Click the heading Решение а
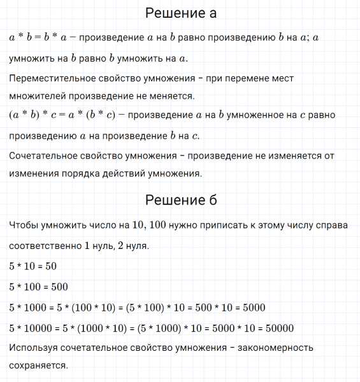click(x=181, y=13)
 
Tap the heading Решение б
click(x=181, y=200)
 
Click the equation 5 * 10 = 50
click(x=33, y=266)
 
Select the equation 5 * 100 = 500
click(x=38, y=286)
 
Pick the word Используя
click(x=33, y=348)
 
